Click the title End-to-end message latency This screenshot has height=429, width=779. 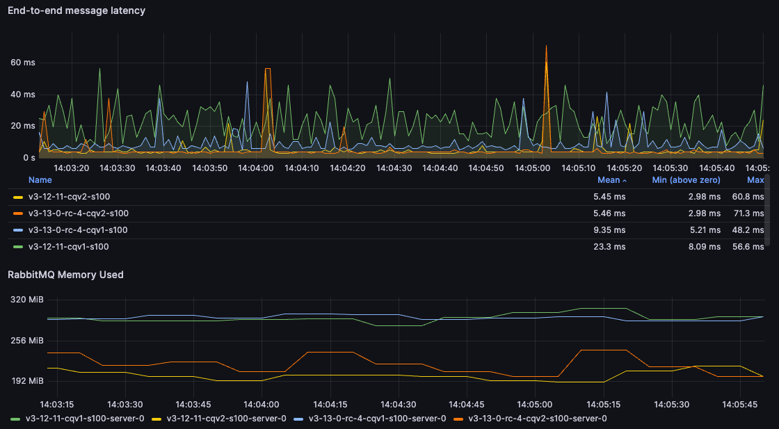[x=77, y=10]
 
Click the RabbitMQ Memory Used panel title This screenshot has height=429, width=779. [x=65, y=275]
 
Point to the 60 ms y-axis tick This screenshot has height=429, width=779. [x=23, y=63]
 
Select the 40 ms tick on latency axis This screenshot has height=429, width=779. [x=23, y=95]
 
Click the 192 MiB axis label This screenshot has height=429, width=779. [x=27, y=381]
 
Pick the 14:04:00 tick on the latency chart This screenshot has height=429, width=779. [x=256, y=168]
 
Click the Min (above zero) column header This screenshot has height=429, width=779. [x=686, y=180]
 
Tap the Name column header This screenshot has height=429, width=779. [x=40, y=180]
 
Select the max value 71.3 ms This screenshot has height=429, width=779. [x=748, y=213]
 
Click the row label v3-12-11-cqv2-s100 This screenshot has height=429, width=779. [x=69, y=197]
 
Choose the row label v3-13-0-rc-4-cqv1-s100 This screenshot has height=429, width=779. [x=78, y=229]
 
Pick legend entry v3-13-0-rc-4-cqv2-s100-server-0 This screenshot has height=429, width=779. [x=537, y=419]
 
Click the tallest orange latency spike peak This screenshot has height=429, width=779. [x=546, y=47]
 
